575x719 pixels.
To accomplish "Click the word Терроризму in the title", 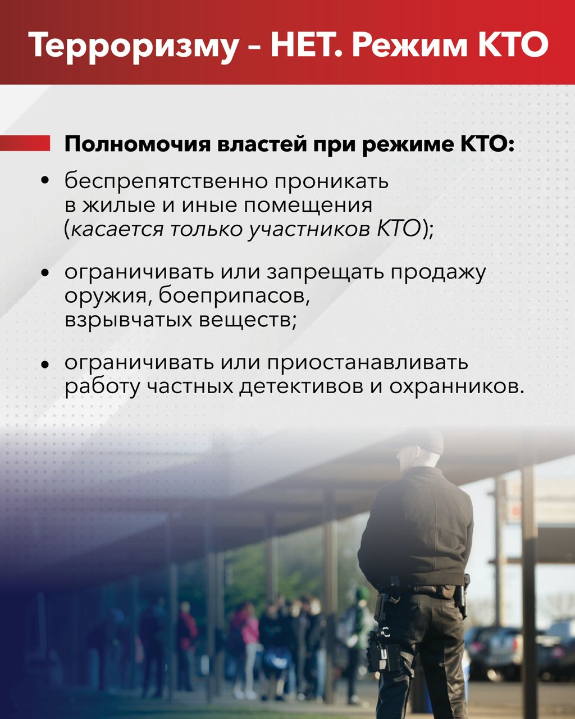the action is tap(133, 45).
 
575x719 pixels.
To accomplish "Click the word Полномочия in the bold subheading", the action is tap(138, 144).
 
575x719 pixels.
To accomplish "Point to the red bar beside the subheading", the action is tap(25, 143).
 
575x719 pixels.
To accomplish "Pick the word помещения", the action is tap(308, 206).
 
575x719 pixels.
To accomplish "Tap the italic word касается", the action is tap(117, 230).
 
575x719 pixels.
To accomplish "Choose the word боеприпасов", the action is tap(234, 295).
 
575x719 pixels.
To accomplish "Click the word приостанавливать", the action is tap(367, 363).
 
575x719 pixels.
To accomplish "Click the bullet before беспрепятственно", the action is tap(45, 181).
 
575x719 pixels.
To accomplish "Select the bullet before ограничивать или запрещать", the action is tap(45, 272).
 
